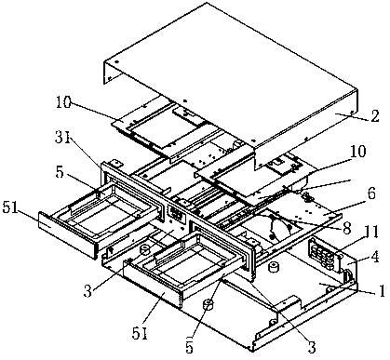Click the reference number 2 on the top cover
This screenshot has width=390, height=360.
point(374,115)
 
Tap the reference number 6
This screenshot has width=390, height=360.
point(371,193)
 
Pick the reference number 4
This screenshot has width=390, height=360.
point(375,257)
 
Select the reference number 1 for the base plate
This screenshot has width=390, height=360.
point(382,290)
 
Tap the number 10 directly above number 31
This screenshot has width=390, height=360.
point(63,102)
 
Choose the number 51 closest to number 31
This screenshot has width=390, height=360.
point(10,208)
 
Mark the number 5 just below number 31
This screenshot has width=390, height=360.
point(61,173)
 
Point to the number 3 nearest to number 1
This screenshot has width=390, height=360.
point(311,346)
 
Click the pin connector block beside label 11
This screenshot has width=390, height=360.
point(320,255)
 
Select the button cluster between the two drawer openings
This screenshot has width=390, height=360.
point(176,213)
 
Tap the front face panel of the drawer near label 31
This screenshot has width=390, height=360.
point(68,234)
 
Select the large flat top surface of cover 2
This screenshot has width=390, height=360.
point(230,73)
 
